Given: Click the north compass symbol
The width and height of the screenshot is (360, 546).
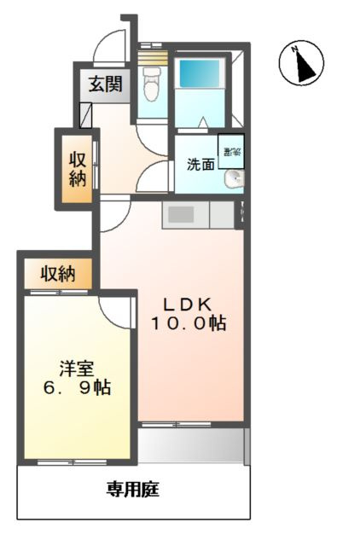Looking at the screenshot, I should pyautogui.click(x=301, y=64).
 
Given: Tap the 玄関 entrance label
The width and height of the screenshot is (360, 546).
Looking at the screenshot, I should pyautogui.click(x=103, y=84).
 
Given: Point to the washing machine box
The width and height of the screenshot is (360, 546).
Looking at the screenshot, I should pyautogui.click(x=230, y=151).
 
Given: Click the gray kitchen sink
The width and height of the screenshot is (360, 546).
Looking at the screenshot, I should pyautogui.click(x=182, y=214).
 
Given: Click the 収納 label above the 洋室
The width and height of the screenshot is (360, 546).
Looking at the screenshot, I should pyautogui.click(x=58, y=274).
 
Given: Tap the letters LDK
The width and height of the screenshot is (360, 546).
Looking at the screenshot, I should pyautogui.click(x=188, y=305).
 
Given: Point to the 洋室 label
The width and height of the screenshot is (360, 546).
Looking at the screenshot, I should pyautogui.click(x=77, y=369).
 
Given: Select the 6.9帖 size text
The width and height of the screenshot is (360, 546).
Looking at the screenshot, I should pyautogui.click(x=77, y=387).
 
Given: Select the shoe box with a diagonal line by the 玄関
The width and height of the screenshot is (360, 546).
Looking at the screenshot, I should pyautogui.click(x=86, y=114).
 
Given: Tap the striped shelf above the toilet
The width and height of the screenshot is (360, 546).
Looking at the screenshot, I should pyautogui.click(x=154, y=57).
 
